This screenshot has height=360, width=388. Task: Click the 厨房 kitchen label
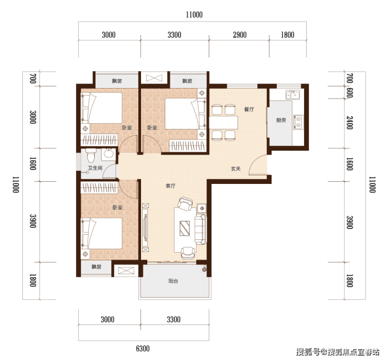281,121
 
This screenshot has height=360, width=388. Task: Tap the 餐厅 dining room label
249,110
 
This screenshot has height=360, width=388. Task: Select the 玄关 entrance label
235,169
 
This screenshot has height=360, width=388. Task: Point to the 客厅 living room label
170,186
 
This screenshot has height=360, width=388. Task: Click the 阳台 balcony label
173,281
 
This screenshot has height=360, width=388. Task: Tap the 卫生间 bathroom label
95,168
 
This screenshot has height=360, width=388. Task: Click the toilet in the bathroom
90,156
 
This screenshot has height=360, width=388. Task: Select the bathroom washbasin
109,154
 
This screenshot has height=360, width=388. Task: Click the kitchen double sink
293,94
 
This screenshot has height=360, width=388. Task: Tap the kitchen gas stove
298,122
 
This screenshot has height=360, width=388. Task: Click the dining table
223,122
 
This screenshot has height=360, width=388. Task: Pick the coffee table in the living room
185,228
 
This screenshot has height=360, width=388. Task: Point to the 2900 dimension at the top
240,35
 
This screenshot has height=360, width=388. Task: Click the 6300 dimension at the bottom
143,348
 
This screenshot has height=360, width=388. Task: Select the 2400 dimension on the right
349,123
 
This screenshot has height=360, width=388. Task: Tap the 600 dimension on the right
349,93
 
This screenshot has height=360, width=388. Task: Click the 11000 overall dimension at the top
194,15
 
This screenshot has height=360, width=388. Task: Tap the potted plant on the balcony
204,269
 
